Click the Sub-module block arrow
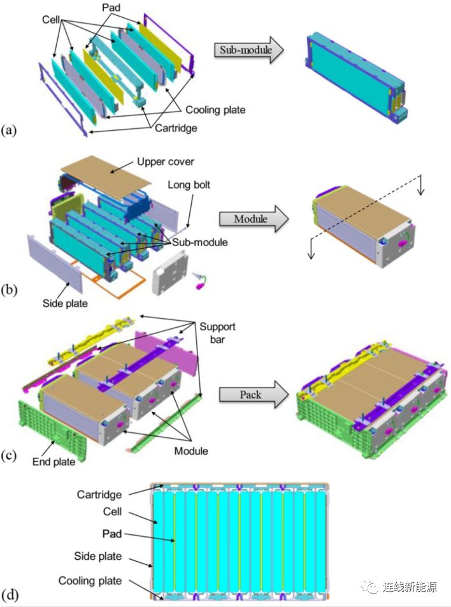(248, 50)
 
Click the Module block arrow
(254, 219)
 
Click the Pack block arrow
(254, 395)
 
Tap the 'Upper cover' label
(166, 162)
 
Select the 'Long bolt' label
(189, 185)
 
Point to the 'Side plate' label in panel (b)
(65, 303)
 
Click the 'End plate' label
(54, 462)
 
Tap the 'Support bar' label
(217, 333)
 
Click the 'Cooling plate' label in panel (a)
(215, 110)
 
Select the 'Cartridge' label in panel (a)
(176, 128)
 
